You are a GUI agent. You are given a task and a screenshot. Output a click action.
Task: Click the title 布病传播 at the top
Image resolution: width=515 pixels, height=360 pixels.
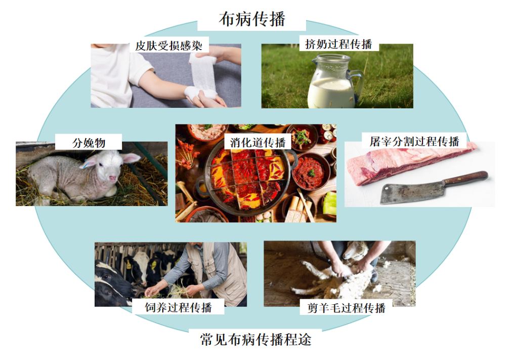(252, 19)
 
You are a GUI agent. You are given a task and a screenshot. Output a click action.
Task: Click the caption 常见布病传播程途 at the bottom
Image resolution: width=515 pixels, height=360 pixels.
(255, 339)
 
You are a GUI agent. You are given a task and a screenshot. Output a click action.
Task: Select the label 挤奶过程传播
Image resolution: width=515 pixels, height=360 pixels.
(338, 44)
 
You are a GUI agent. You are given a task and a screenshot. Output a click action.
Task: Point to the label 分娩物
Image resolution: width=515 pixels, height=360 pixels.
(89, 142)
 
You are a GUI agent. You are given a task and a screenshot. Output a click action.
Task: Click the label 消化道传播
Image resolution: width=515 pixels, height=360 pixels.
(257, 142)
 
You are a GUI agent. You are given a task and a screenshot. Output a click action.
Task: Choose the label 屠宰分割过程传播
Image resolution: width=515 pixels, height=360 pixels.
(414, 141)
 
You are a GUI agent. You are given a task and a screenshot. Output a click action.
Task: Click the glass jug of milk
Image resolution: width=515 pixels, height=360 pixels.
(331, 84)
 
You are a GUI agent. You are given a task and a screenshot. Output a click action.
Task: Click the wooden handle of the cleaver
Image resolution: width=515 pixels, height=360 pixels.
(465, 178)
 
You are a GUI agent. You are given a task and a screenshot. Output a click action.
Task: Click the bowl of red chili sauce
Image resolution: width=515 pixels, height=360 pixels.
(310, 172)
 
